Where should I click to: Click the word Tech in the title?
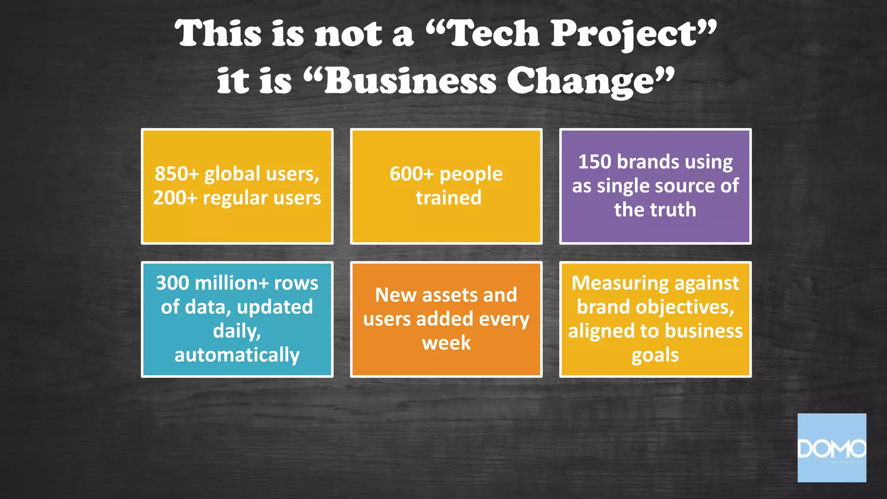[x=494, y=34]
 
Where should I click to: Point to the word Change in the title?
[x=580, y=81]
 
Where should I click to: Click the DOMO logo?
[x=832, y=448]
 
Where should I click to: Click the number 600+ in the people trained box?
[x=411, y=174]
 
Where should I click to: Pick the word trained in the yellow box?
[x=448, y=198]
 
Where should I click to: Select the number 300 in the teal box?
[x=172, y=283]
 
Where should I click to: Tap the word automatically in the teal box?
[x=237, y=355]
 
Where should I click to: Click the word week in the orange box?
[x=446, y=343]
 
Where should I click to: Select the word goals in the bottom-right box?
[x=655, y=355]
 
